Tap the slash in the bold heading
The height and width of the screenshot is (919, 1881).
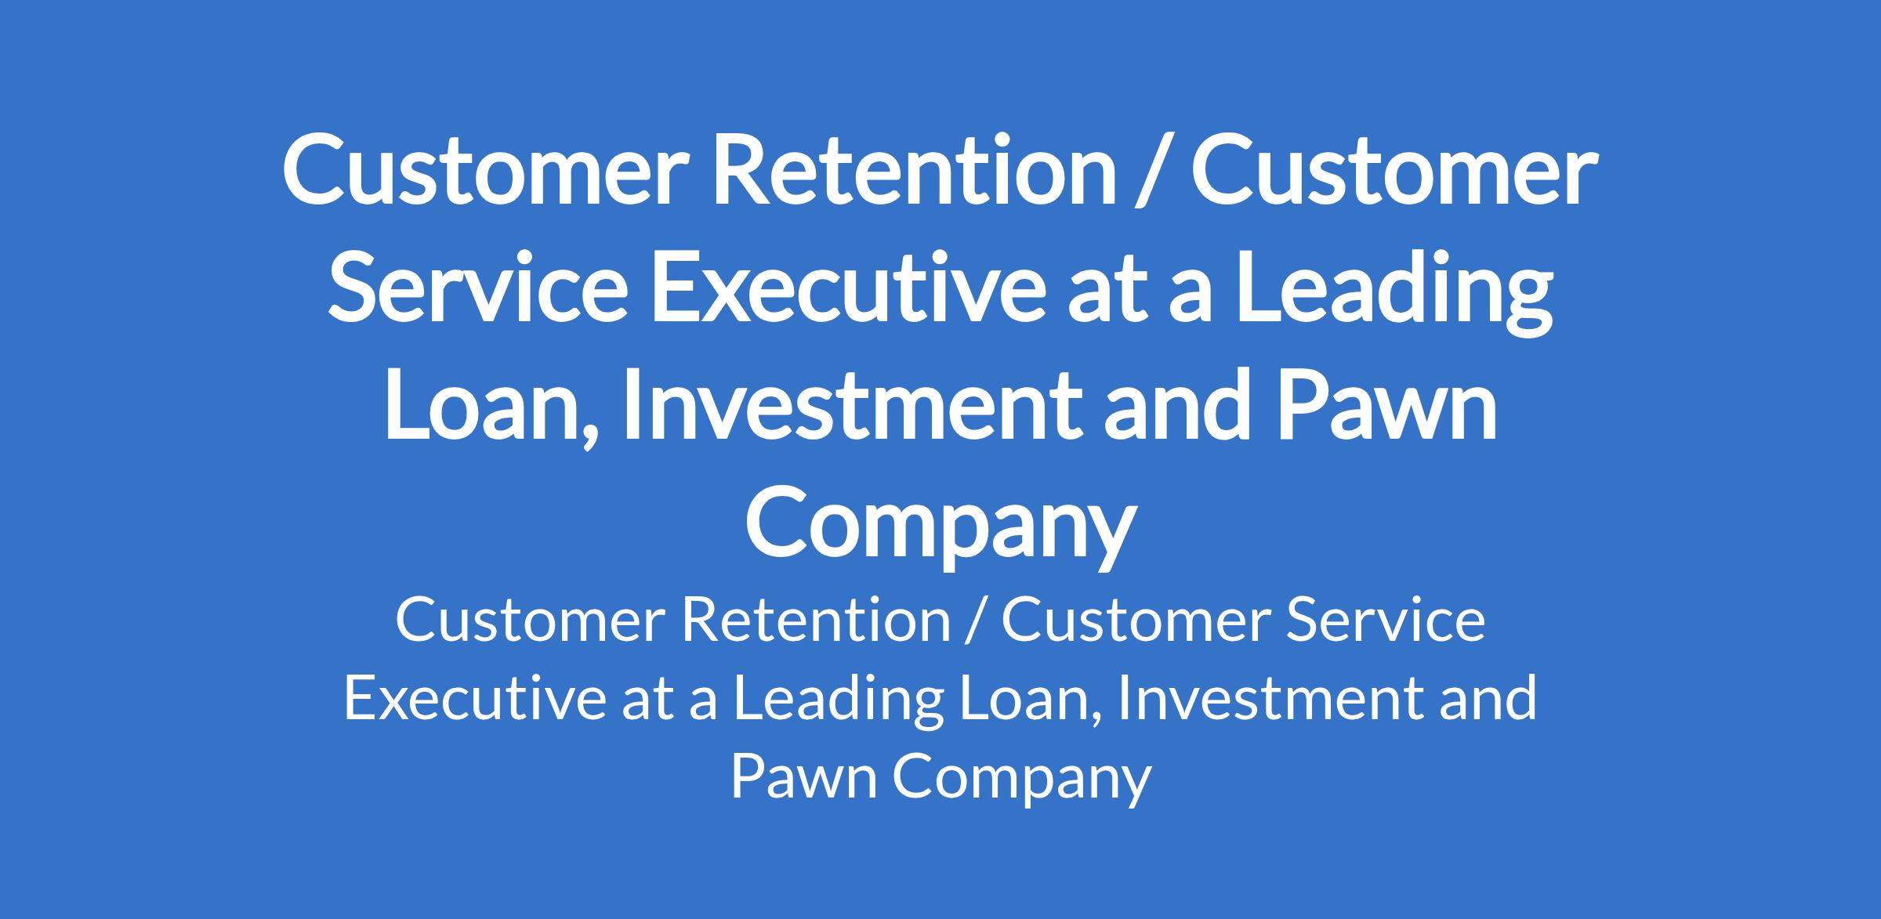pyautogui.click(x=1154, y=172)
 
